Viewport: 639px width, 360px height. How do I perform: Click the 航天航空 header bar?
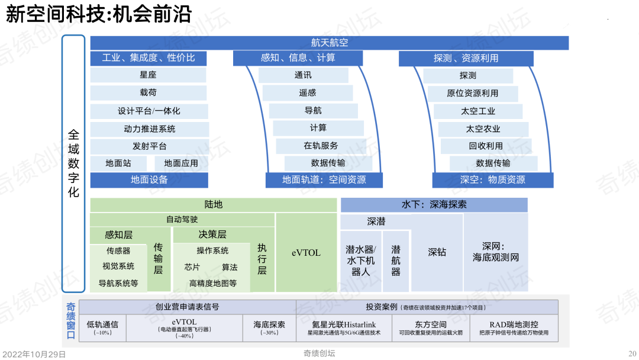tap(330, 43)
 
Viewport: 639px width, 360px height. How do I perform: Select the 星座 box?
tap(148, 75)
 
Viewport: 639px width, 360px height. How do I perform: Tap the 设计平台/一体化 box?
tap(149, 111)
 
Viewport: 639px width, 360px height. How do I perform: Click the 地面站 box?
tap(118, 163)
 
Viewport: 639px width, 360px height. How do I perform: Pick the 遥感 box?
tap(307, 93)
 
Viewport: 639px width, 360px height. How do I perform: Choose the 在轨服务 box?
tap(321, 146)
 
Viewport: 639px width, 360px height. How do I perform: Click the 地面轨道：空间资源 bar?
tap(324, 180)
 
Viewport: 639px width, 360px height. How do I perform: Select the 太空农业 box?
tap(483, 129)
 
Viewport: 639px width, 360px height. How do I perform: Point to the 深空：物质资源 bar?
tap(493, 180)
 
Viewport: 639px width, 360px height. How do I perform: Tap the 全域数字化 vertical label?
tap(73, 163)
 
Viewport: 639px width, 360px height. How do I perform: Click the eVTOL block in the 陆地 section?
tap(306, 253)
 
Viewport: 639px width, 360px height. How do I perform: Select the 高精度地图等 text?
tap(213, 284)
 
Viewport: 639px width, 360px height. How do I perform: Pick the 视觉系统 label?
tap(118, 266)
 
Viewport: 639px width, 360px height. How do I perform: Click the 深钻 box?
tap(437, 252)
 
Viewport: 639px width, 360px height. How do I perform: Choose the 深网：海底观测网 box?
tap(496, 252)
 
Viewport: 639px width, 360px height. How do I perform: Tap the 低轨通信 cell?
tap(103, 328)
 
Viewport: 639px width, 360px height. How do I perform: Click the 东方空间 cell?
tap(431, 328)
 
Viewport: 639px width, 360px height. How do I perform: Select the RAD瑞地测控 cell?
tap(514, 328)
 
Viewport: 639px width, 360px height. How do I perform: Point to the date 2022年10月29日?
tap(34, 354)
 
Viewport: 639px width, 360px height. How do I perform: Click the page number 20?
tap(632, 354)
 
